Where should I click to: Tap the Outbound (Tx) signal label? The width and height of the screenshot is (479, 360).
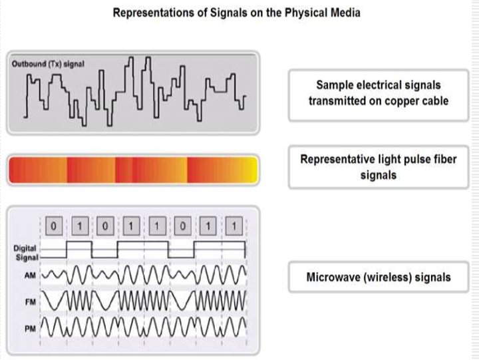(x=46, y=64)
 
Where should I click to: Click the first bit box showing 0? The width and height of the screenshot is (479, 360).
(x=55, y=226)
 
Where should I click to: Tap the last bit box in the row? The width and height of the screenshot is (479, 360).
(x=234, y=226)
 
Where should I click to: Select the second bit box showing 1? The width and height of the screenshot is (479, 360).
(x=131, y=226)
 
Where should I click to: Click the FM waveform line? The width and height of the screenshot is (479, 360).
(x=143, y=300)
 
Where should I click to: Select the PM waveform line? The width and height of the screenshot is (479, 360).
(x=143, y=325)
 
